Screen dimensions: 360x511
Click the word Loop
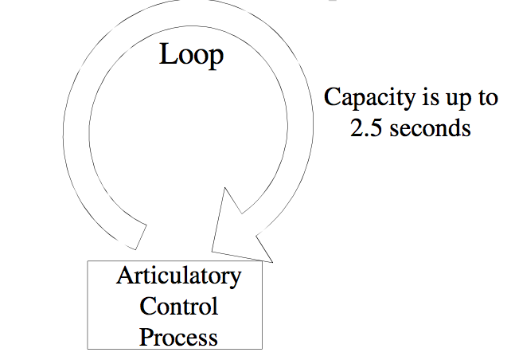pos(191,55)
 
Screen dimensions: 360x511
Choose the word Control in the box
pos(178,306)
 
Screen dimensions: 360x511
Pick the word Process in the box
pos(178,336)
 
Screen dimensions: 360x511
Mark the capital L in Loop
pos(168,54)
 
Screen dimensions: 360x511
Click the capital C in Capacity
pos(333,99)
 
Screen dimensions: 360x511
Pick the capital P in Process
pos(146,336)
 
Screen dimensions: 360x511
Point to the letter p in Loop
pos(215,58)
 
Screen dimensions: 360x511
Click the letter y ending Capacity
pos(406,102)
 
